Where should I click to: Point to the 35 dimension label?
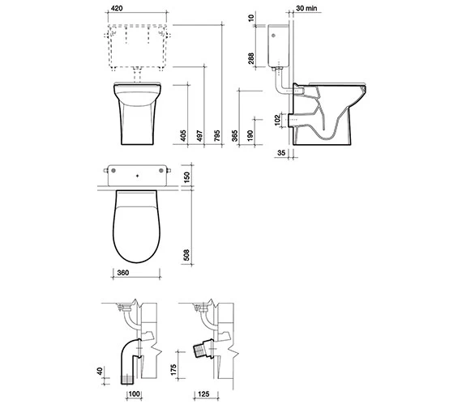click(280, 151)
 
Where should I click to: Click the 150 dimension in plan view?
click(186, 177)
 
